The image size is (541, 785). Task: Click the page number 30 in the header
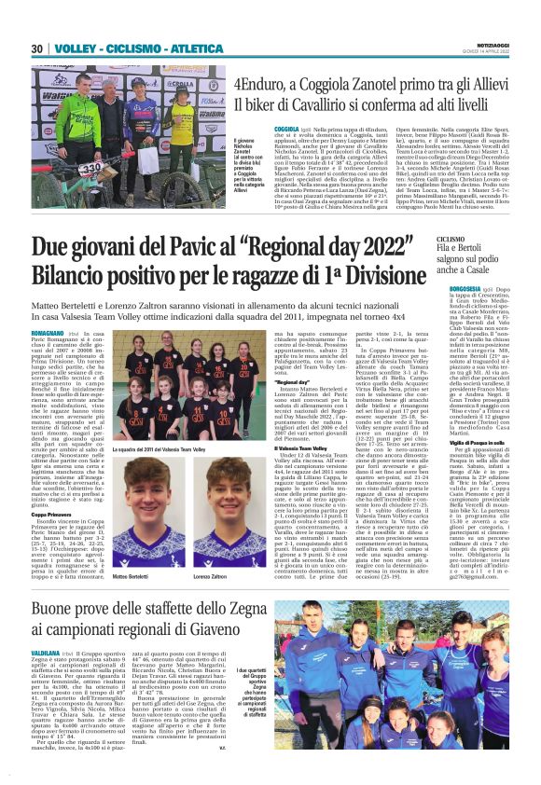(x=36, y=48)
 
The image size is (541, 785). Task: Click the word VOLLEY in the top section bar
(x=73, y=48)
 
